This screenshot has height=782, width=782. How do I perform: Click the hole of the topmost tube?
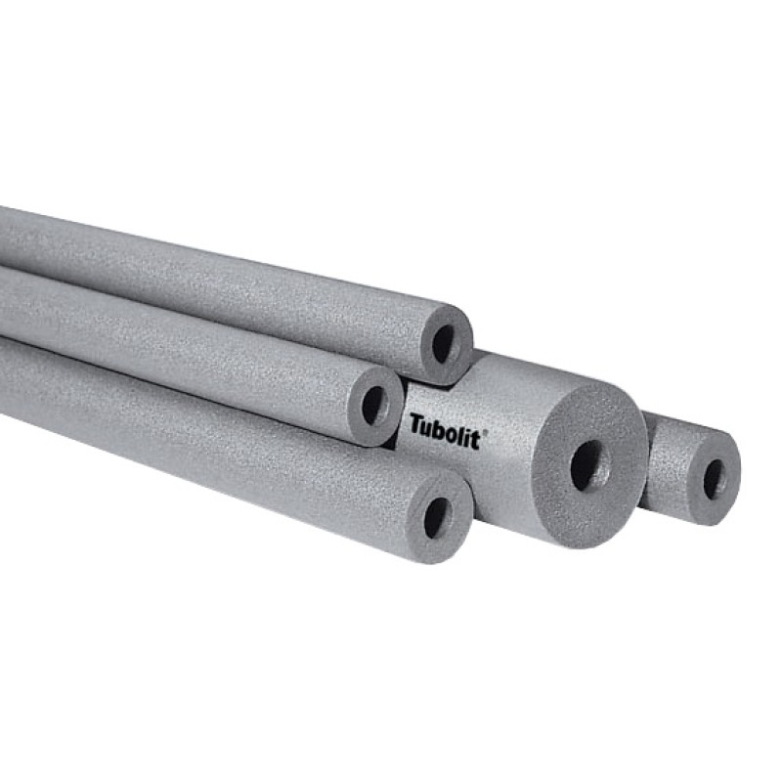click(443, 344)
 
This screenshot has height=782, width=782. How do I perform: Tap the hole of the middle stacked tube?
click(375, 405)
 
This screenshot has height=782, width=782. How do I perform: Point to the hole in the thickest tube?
click(590, 465)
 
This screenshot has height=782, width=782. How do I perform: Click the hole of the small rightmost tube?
click(715, 479)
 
